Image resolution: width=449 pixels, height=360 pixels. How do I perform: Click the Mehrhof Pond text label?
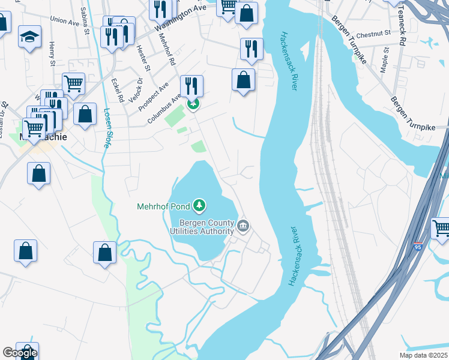click(163, 207)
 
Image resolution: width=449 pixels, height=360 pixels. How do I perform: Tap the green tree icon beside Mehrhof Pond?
click(199, 206)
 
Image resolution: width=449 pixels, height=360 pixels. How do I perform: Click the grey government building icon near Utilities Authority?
click(243, 226)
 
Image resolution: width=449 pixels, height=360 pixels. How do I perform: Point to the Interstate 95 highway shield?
click(418, 246)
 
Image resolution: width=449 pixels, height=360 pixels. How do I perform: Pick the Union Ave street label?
click(65, 22)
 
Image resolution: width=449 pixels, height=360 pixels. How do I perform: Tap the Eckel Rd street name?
click(118, 89)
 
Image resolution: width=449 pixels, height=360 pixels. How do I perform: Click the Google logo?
click(20, 353)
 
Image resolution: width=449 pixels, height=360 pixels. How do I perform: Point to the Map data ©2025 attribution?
click(424, 355)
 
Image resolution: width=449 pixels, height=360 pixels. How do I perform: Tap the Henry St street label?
click(52, 53)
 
